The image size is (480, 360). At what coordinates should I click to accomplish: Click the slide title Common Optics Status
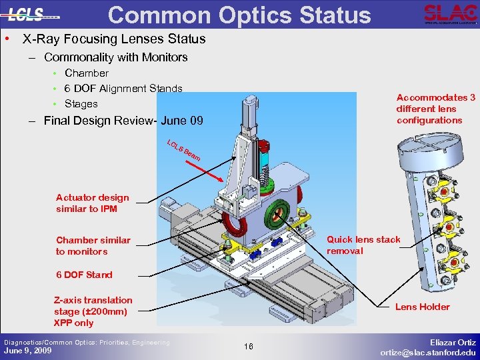point(239,15)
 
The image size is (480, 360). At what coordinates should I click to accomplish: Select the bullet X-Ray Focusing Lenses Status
point(114,39)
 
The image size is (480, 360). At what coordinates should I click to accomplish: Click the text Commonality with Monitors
point(115,57)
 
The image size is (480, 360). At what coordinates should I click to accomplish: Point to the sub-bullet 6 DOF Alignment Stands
point(123,88)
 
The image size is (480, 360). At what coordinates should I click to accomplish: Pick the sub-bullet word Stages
point(81,103)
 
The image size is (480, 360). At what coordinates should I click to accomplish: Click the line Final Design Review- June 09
point(123,121)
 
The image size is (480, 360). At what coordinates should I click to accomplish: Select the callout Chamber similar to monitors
point(93,245)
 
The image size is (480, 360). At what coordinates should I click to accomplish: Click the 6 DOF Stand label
point(84,275)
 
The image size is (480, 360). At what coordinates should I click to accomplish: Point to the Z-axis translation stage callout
point(93,311)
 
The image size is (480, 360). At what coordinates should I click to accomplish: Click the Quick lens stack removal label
point(363,245)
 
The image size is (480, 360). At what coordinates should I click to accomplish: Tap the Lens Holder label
point(422,307)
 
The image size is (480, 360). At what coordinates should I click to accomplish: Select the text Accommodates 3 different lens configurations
point(435,109)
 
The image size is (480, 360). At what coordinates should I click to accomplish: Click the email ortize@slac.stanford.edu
point(428,352)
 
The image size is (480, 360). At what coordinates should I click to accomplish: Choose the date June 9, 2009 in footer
point(27,351)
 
